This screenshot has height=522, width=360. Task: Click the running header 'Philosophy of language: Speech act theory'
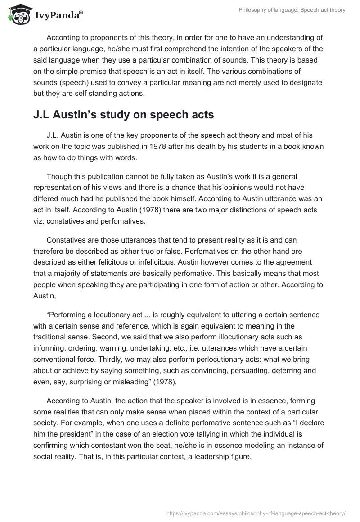(x=292, y=10)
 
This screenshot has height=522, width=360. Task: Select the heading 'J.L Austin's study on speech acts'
(x=124, y=115)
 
